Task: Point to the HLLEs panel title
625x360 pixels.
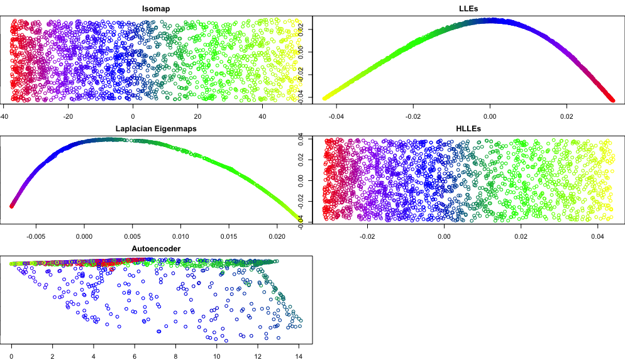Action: [x=468, y=128]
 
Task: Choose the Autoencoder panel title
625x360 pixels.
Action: [x=156, y=249]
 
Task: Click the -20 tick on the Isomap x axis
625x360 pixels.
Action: [x=69, y=116]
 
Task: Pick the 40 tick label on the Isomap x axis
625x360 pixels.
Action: [x=263, y=116]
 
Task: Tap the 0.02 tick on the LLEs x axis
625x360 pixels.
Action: [x=568, y=116]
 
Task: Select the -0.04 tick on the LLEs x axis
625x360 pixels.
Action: [x=336, y=116]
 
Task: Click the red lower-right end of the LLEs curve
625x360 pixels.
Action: [x=611, y=99]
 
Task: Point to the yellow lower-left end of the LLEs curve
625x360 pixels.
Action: [x=326, y=97]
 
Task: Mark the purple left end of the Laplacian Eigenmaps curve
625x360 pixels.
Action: [x=12, y=205]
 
